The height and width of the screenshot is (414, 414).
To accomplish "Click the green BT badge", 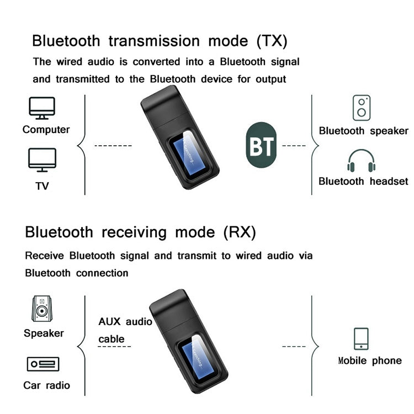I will tap(260, 146).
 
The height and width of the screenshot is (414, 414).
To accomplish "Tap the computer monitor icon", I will tap(42, 108).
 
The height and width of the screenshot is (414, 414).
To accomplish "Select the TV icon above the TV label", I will tap(42, 159).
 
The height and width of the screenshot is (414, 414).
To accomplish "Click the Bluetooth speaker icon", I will tap(362, 108).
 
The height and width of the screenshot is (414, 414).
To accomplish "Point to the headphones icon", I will tap(362, 161).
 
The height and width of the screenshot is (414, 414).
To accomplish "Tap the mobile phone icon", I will tap(361, 338).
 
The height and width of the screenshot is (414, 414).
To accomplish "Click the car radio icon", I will tap(43, 364).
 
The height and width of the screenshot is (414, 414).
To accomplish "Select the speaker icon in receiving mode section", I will tap(42, 309).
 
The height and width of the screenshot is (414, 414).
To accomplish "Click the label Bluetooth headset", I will tap(363, 181).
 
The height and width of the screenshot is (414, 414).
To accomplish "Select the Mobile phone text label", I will tap(369, 361).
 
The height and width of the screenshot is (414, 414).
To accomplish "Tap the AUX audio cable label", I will tap(124, 330).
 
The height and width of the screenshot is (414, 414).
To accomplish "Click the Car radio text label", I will tap(46, 385).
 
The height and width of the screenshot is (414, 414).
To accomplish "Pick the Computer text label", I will tap(46, 130).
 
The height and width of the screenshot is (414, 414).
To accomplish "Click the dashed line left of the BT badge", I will tap(113, 146).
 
